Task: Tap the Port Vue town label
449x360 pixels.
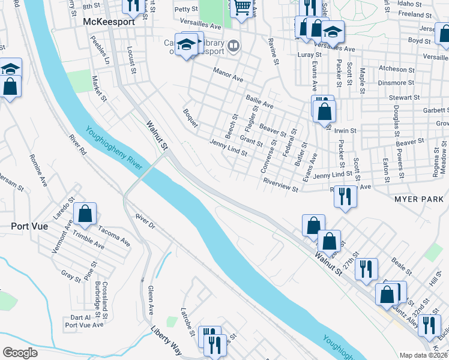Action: pos(29,226)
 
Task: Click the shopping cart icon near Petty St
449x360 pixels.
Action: pos(241,8)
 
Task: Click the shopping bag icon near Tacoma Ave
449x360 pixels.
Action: pos(86,214)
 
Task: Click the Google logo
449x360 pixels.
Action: pos(20,353)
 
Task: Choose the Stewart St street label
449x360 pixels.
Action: pos(403,97)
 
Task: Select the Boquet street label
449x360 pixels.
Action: pos(191,121)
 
